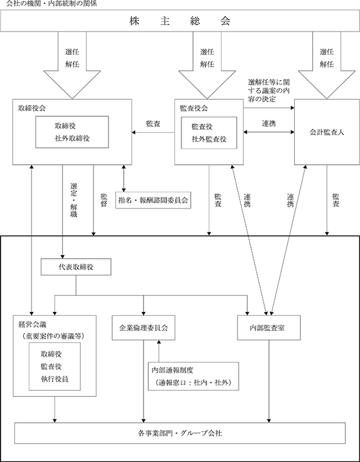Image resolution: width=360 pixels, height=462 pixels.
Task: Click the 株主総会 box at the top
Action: click(x=180, y=21)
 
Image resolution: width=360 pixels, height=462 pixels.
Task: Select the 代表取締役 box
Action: click(x=76, y=267)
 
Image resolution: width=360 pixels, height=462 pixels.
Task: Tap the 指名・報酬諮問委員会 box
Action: click(x=153, y=200)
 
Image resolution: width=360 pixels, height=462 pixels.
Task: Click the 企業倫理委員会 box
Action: click(x=144, y=328)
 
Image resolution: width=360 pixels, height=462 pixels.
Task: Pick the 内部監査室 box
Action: click(x=269, y=328)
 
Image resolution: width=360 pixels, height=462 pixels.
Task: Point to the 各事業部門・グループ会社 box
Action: click(x=180, y=433)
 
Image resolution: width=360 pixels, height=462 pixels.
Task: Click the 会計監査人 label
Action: click(x=327, y=133)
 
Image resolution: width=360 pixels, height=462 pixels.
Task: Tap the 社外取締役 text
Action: click(x=72, y=138)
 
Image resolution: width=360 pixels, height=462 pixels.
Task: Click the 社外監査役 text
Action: click(x=209, y=139)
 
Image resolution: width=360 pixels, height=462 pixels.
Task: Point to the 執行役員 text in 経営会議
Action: click(x=54, y=379)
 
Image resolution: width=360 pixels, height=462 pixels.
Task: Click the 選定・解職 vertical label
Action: click(x=74, y=200)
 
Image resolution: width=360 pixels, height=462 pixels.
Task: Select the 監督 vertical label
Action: click(x=104, y=200)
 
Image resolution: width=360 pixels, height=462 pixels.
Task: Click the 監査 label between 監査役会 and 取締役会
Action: click(x=153, y=124)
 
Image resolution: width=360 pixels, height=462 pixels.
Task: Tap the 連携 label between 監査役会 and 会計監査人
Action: click(x=269, y=123)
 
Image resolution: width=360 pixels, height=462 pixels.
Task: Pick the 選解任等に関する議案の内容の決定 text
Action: click(x=269, y=91)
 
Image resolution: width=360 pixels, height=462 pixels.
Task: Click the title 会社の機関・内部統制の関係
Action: click(x=51, y=4)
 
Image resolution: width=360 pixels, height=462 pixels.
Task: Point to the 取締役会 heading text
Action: click(x=32, y=108)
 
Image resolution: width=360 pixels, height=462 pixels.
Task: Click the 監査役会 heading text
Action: click(x=194, y=108)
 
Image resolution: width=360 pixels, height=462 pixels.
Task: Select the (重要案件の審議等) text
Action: click(x=53, y=336)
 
